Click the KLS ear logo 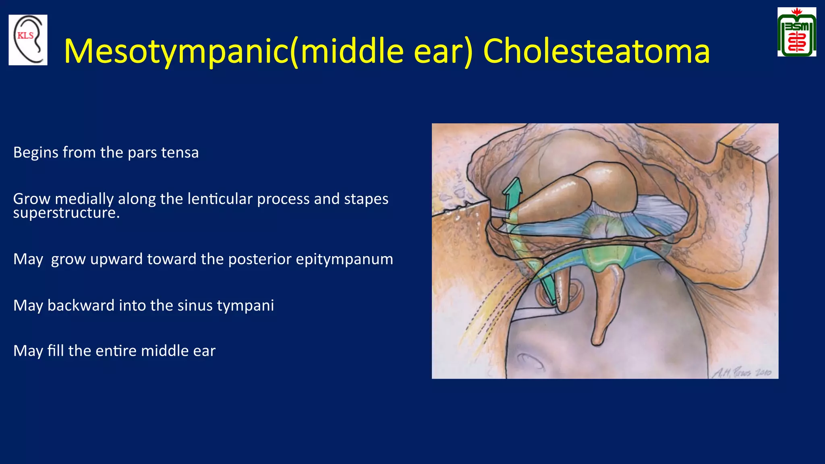(28, 40)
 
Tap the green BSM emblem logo (796, 32)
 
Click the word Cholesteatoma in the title (596, 51)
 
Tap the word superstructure (66, 213)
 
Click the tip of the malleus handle (598, 340)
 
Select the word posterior (260, 259)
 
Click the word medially (85, 199)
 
